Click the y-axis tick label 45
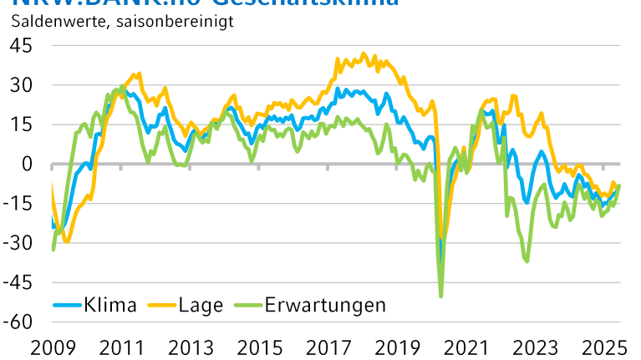(20, 45)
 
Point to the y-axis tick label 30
(20, 85)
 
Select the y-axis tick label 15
(20, 124)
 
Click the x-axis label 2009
(53, 346)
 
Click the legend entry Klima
(109, 305)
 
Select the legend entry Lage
(201, 305)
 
